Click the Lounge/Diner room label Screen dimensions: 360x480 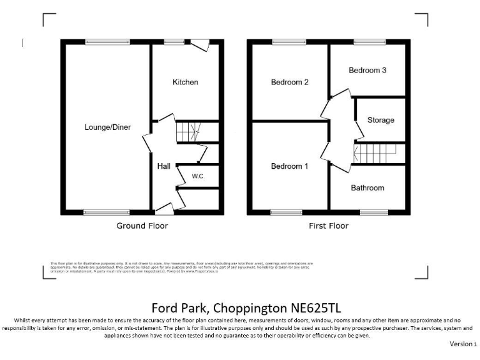pyautogui.click(x=107, y=127)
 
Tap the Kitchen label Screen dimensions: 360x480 pyautogui.click(x=185, y=82)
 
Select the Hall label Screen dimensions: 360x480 pyautogui.click(x=164, y=166)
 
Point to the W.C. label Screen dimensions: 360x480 pyautogui.click(x=198, y=176)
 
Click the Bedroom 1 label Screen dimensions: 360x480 pyautogui.click(x=289, y=166)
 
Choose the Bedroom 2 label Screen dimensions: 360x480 pyautogui.click(x=289, y=82)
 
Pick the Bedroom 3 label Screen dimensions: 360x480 pyautogui.click(x=367, y=70)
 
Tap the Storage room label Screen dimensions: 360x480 pyautogui.click(x=381, y=120)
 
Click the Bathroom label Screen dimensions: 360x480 pyautogui.click(x=367, y=187)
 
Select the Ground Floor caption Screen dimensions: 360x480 pyautogui.click(x=142, y=226)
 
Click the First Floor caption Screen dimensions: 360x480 pyautogui.click(x=329, y=226)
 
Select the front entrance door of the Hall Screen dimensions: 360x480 pyautogui.click(x=164, y=208)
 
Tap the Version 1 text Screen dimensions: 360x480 pyautogui.click(x=463, y=344)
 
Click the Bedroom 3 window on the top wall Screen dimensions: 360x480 pyautogui.click(x=367, y=42)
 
